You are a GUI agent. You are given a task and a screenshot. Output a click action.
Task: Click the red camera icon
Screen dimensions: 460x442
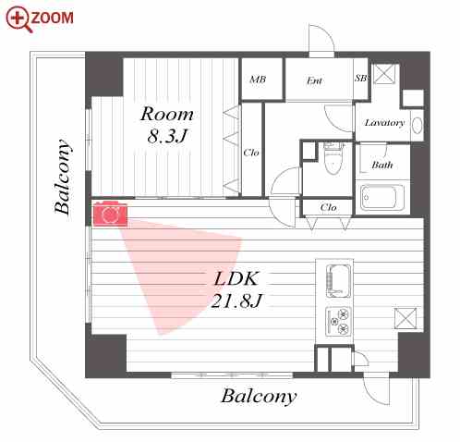[x=110, y=214]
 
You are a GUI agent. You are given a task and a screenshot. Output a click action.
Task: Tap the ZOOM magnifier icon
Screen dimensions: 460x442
[x=18, y=19]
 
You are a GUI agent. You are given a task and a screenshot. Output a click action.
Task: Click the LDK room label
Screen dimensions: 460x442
[x=236, y=278]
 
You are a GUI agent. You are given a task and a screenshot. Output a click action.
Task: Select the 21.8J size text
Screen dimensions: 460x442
[x=236, y=301]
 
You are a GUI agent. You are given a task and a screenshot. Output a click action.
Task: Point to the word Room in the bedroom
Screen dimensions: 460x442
[x=167, y=114]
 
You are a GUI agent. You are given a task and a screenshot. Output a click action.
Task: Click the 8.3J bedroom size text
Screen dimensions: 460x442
[x=167, y=136]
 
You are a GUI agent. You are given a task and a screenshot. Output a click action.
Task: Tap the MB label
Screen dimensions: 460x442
[x=258, y=80]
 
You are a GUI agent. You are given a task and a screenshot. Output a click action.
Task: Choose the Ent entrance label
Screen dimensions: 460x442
[x=314, y=80]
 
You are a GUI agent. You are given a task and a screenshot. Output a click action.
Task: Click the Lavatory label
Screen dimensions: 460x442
[x=384, y=123]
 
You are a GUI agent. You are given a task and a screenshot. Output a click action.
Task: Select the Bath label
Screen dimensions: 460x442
[x=382, y=165]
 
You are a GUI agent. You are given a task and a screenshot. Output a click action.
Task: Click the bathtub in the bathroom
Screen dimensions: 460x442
[x=382, y=197]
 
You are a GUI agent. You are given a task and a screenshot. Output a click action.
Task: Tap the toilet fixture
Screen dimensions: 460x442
[x=333, y=158]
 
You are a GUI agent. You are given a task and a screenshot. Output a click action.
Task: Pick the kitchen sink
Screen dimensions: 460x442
[x=338, y=281]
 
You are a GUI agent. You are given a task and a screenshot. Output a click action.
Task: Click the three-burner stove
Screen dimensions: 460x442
[x=338, y=321]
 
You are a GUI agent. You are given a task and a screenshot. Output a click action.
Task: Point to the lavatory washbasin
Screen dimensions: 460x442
[x=417, y=126]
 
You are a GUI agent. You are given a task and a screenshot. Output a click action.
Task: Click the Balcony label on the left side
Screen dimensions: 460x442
[x=63, y=177]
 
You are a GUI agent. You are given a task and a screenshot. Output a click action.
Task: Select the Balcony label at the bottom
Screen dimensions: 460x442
[x=259, y=396]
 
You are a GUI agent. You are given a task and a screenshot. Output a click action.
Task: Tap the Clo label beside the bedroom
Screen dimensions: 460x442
[x=251, y=153]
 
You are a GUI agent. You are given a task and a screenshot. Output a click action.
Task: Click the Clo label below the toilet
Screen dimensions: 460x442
[x=328, y=207]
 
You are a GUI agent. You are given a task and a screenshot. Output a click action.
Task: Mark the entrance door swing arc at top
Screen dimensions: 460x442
[x=326, y=32]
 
